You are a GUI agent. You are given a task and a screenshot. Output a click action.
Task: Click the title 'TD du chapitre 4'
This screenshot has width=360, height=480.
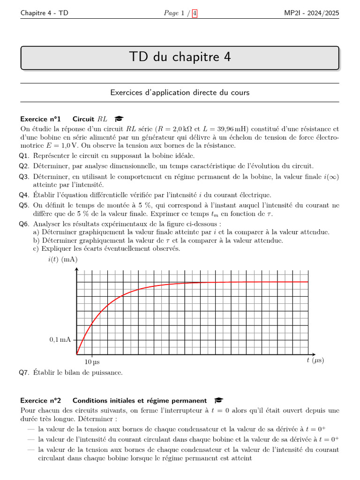[x=180, y=57]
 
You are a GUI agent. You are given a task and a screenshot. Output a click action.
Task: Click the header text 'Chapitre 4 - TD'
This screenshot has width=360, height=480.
[x=44, y=13]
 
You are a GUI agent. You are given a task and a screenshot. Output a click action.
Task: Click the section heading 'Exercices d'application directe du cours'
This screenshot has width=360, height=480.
[x=180, y=93]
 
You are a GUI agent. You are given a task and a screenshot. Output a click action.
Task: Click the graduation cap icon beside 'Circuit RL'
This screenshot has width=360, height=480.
[x=119, y=119]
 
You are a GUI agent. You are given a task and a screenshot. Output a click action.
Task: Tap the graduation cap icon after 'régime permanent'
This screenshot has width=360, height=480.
[x=218, y=400]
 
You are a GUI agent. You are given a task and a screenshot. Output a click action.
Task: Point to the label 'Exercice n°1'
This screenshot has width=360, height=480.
[x=41, y=119]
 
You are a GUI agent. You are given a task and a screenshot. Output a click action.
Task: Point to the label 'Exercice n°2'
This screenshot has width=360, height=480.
[x=41, y=400]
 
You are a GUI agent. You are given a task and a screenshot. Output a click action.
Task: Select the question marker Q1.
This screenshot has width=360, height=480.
[x=24, y=156]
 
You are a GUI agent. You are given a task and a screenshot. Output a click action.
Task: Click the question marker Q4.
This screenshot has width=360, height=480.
[x=24, y=195]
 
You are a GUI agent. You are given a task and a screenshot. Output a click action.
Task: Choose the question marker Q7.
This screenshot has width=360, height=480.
[x=24, y=373]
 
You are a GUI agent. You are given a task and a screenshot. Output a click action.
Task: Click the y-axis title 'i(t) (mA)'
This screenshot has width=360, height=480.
[x=63, y=259]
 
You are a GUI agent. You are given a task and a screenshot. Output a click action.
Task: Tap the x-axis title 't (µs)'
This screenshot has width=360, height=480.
[x=315, y=360]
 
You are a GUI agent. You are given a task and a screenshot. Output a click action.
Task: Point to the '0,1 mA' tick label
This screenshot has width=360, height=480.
[x=60, y=339]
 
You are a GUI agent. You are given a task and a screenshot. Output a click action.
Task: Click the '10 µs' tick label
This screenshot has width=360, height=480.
[x=92, y=362]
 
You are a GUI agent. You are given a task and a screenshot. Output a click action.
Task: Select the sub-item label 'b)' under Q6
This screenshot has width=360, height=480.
[x=36, y=240]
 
